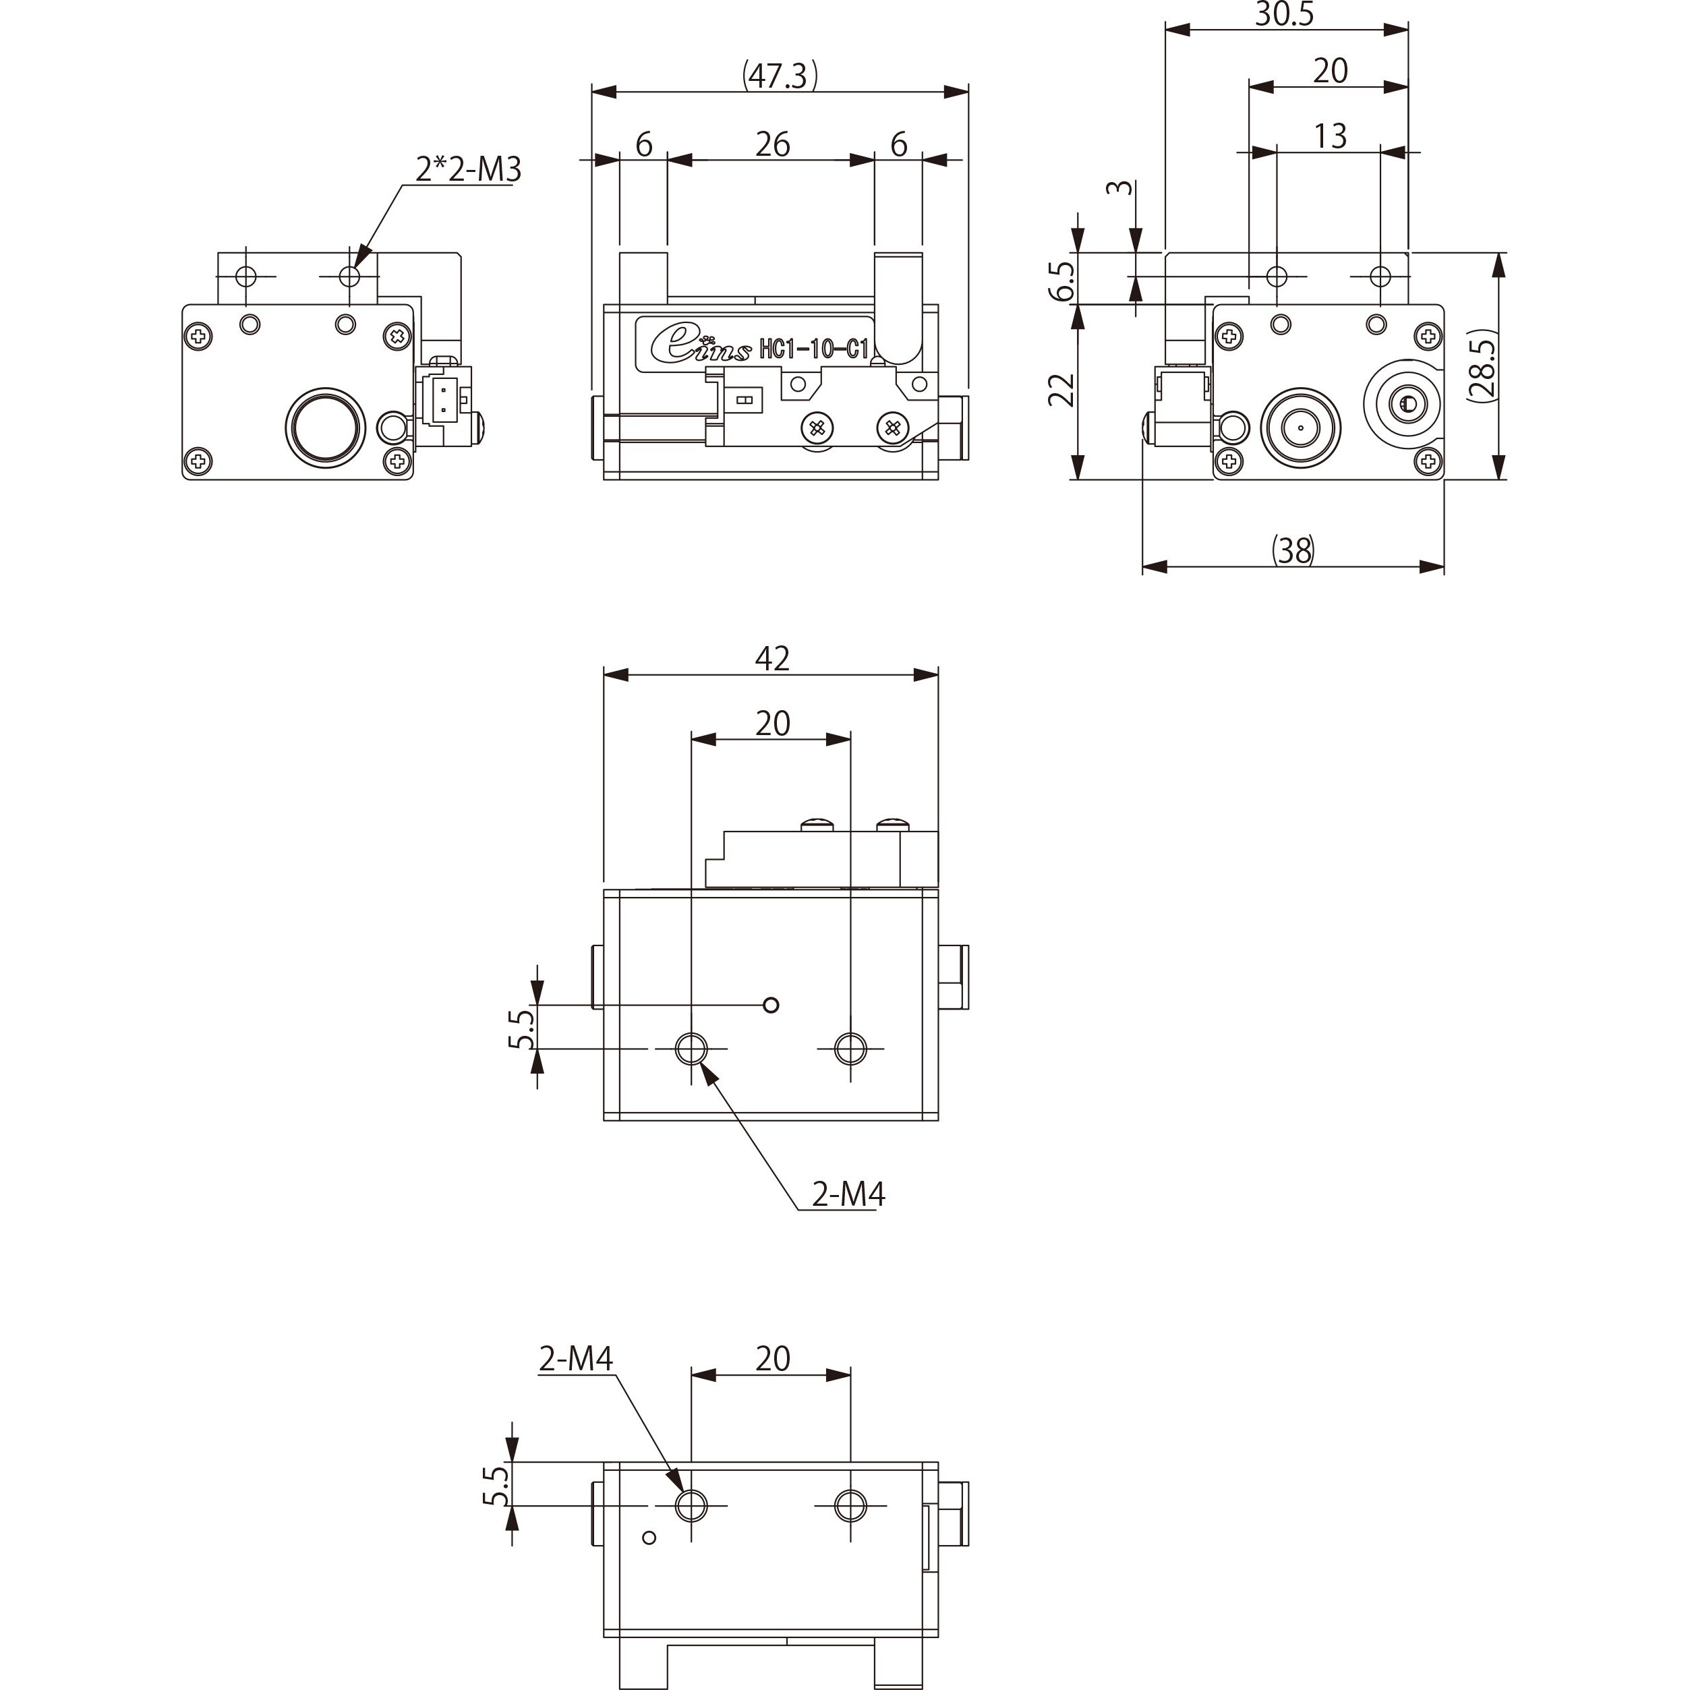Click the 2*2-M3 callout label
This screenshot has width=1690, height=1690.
[x=468, y=169]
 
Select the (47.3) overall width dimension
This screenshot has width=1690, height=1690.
[x=780, y=76]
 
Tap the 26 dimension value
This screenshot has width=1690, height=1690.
[x=772, y=144]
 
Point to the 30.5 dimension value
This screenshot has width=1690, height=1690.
[x=1284, y=14]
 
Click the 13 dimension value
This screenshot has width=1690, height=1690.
[x=1330, y=136]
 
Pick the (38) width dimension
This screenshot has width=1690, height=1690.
[x=1293, y=550]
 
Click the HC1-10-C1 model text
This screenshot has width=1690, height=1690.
[x=813, y=350]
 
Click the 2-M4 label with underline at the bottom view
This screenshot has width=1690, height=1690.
[x=575, y=1358]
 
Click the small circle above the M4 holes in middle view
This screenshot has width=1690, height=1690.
[x=771, y=1005]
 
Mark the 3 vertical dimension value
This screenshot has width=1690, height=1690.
[x=1124, y=187]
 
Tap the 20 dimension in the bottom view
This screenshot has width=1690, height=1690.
[x=772, y=1358]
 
